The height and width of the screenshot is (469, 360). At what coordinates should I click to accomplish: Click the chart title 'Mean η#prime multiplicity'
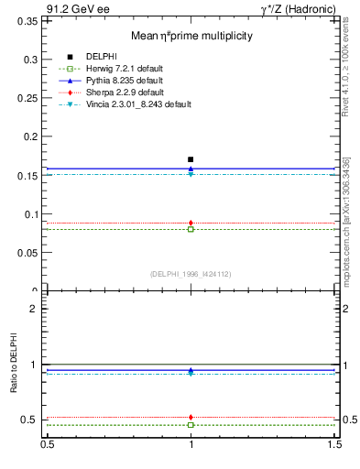(191, 36)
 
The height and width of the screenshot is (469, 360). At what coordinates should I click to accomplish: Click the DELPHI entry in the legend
(101, 57)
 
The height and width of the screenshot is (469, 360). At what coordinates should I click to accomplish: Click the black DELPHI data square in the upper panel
(191, 159)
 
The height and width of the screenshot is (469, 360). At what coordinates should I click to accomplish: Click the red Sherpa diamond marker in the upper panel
(191, 223)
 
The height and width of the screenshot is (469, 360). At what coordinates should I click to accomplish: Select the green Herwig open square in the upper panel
(191, 229)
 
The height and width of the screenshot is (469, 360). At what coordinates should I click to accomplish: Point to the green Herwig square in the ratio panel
(191, 425)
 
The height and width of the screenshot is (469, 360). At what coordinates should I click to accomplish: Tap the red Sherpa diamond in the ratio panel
(191, 417)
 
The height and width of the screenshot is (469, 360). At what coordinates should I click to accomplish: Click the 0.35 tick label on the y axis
(27, 20)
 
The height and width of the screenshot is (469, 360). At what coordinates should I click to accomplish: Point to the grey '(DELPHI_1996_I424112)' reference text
(191, 273)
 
